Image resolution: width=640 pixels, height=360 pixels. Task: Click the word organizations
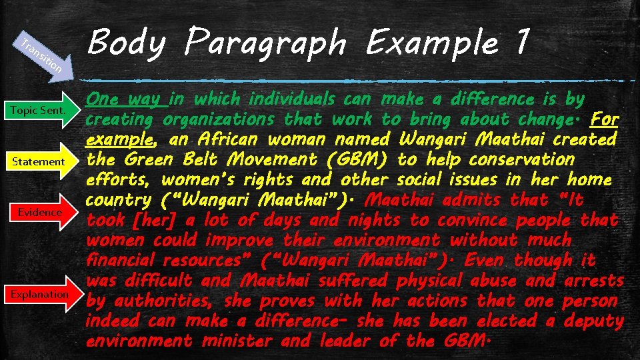click(218, 120)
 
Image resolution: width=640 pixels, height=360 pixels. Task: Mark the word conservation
click(521, 160)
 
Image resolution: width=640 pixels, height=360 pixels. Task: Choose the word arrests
click(594, 281)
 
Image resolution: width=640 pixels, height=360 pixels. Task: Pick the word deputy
click(593, 321)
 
